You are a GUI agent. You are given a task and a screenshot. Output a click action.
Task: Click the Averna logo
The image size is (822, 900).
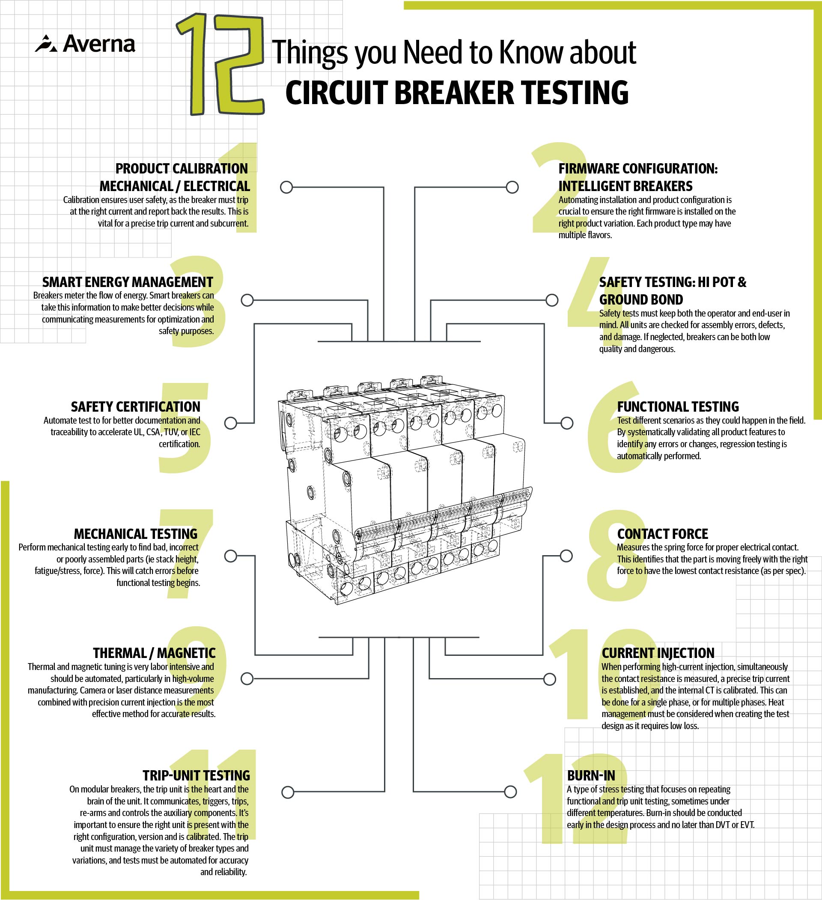[x=85, y=44]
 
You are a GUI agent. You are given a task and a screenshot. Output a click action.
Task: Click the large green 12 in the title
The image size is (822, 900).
[x=220, y=65]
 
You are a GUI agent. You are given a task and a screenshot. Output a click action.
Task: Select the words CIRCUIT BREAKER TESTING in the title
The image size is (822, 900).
[x=456, y=93]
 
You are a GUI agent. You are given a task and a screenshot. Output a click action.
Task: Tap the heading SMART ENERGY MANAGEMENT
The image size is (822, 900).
[x=128, y=282]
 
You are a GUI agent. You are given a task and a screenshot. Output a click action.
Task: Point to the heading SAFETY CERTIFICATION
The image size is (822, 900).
[x=135, y=407]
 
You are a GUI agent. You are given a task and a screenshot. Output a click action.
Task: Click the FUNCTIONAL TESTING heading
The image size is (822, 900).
[x=678, y=407]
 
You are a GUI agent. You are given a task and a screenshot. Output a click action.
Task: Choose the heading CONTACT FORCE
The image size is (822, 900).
[x=662, y=534]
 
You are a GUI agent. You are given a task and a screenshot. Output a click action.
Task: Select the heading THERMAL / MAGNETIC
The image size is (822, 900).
[x=154, y=653]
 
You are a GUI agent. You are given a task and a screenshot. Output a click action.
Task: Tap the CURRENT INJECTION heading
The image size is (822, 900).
[x=658, y=653]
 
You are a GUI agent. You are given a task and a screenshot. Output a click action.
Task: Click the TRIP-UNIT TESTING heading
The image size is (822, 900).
[x=196, y=775]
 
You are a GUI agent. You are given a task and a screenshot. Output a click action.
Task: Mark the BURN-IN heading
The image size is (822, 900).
[x=591, y=775]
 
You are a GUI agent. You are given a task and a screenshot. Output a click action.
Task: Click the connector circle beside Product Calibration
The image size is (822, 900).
[x=286, y=187]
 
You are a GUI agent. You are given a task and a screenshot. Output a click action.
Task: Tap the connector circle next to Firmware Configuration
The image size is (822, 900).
[x=512, y=187]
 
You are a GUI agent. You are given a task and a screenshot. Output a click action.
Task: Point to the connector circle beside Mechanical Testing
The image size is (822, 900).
[x=230, y=556]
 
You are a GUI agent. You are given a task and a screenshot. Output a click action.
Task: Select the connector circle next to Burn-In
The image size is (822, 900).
[x=510, y=792]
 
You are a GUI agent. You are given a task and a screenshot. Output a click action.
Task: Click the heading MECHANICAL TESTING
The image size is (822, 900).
[x=135, y=534]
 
